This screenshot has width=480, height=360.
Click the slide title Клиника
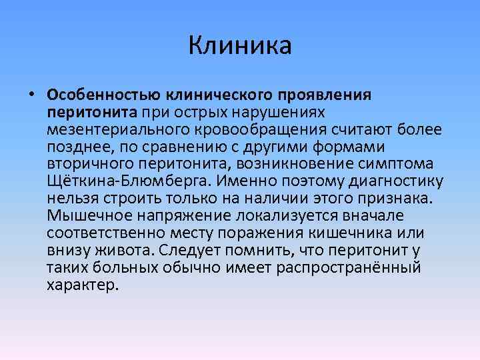pos(240,46)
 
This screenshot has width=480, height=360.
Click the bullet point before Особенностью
pos(31,94)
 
